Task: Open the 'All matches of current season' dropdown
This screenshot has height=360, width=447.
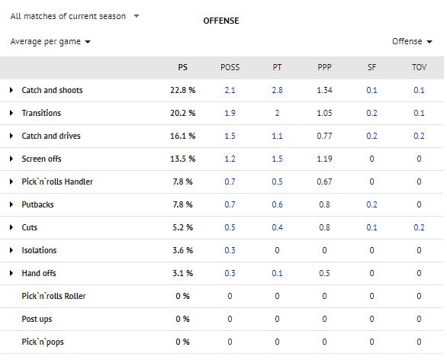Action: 75,16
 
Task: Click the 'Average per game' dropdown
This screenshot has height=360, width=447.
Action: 50,42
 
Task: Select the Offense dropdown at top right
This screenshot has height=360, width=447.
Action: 412,42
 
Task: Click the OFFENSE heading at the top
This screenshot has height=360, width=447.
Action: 221,21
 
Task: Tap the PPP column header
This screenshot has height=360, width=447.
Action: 324,67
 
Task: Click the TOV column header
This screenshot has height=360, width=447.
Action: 419,67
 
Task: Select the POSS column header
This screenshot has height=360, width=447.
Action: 230,67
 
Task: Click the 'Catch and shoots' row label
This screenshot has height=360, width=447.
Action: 52,90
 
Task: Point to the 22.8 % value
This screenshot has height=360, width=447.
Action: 182,90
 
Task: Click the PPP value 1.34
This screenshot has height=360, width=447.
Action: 324,90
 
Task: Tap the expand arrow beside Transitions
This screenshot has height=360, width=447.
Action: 11,113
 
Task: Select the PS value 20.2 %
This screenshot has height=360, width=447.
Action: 182,113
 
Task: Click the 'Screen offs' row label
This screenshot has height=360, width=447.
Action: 42,159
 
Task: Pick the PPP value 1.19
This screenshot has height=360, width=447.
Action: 324,159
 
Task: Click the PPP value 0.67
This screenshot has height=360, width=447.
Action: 324,182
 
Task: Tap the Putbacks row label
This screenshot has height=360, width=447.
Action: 38,204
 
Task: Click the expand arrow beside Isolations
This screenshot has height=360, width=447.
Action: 11,250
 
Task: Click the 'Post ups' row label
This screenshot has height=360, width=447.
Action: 37,319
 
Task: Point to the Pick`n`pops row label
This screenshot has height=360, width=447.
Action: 42,342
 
